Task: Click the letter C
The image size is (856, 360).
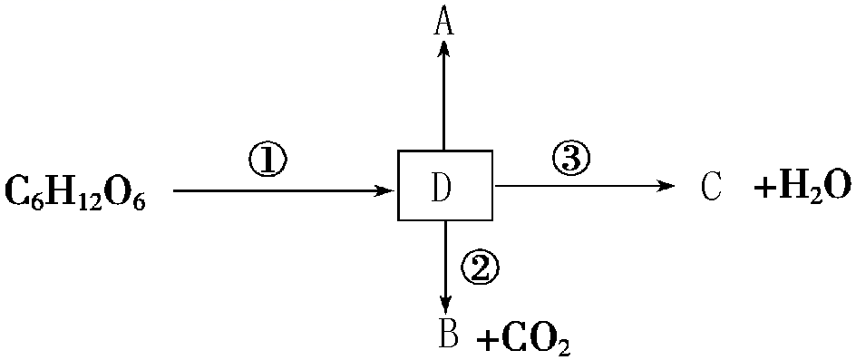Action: coord(711,187)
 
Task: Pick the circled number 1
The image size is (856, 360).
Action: coord(267,161)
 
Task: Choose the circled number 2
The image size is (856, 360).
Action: coord(481,266)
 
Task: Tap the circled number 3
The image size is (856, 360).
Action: coord(570,160)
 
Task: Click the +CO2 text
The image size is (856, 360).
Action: coord(524,340)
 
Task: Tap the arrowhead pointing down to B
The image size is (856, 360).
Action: coord(445,303)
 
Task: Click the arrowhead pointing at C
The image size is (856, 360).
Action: coord(667,187)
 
